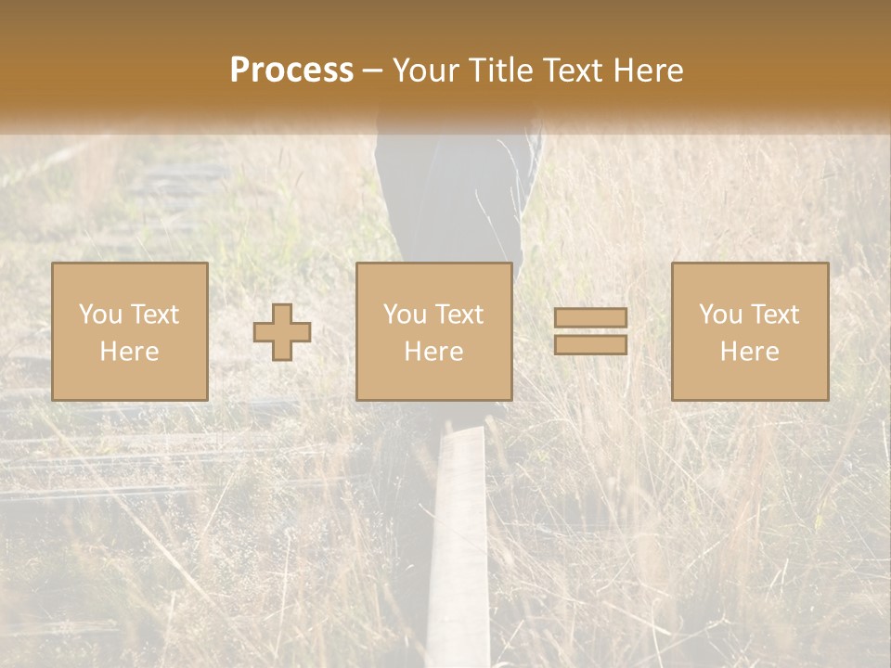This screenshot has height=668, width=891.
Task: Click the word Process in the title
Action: (x=291, y=71)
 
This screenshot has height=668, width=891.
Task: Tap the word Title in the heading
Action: (x=501, y=71)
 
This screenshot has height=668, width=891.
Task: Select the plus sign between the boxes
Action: (x=282, y=331)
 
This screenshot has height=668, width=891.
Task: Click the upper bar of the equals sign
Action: (x=590, y=317)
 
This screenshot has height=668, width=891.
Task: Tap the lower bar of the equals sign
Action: (x=590, y=344)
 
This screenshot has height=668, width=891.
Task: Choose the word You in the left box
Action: (x=99, y=315)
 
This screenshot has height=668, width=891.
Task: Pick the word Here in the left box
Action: (x=129, y=352)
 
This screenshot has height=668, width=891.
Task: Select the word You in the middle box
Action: (x=405, y=315)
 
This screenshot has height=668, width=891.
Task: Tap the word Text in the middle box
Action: (x=458, y=315)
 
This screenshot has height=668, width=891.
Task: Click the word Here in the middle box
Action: (x=433, y=352)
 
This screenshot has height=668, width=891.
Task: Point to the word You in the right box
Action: (x=720, y=315)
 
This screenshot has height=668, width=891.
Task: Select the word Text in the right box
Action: (x=774, y=315)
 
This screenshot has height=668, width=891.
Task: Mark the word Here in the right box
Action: (x=749, y=352)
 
